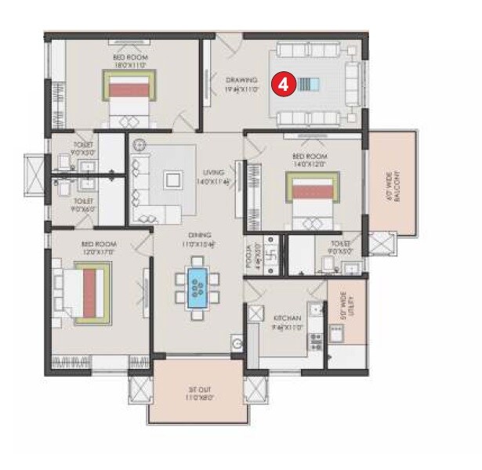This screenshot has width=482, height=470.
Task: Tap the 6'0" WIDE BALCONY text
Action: click(x=396, y=186)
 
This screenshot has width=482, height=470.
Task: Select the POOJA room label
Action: click(x=249, y=257)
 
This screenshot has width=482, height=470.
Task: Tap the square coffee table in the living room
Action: click(x=170, y=179)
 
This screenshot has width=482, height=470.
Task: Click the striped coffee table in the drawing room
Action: click(x=311, y=85)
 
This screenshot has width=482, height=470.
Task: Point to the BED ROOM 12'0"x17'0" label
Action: click(x=98, y=248)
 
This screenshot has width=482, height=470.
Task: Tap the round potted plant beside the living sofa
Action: click(x=140, y=145)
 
